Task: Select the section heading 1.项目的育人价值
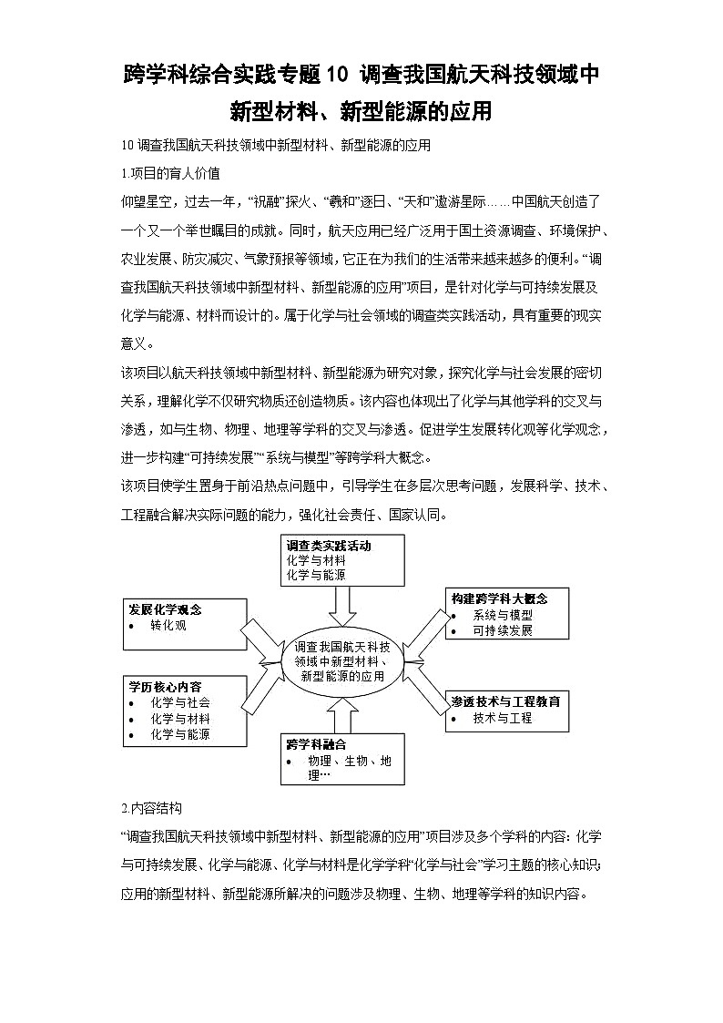click(169, 172)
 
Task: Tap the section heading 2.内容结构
click(151, 808)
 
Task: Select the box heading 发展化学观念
click(165, 609)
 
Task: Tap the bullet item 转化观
click(168, 626)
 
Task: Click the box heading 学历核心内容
click(165, 686)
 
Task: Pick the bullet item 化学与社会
click(180, 702)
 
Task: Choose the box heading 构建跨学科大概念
click(500, 598)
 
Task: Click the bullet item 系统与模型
click(503, 615)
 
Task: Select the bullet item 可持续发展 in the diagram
click(503, 630)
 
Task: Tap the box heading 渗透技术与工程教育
click(505, 701)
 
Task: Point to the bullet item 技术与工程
click(503, 718)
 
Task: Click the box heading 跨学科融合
click(316, 744)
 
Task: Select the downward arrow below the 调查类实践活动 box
click(342, 602)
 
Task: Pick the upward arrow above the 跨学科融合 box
click(342, 716)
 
